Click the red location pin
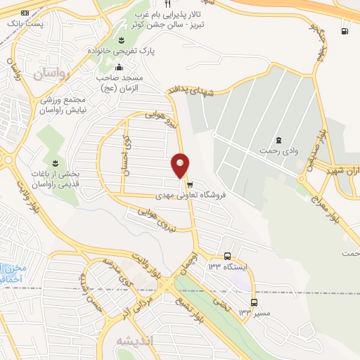coord(180,165)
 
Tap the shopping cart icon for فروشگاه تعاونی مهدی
coord(189,185)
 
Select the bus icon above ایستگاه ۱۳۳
coord(227,257)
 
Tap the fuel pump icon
coord(344,30)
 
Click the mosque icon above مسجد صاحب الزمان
coord(118,67)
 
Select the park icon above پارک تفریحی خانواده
coord(122,39)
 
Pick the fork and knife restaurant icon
coord(168,4)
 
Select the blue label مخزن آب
coord(11,272)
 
